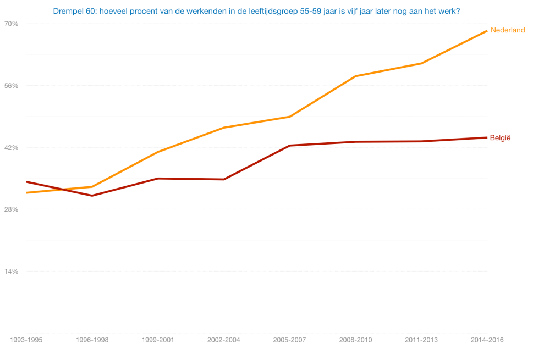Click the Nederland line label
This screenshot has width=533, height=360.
point(507,30)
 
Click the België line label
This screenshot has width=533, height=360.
point(500,137)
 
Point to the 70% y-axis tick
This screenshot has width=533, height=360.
point(11,24)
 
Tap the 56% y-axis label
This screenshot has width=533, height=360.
point(11,86)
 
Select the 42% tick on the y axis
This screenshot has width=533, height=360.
point(11,147)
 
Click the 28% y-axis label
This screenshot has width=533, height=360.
point(11,209)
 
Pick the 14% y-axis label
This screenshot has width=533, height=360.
point(11,271)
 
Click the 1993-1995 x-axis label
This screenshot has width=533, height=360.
point(26,340)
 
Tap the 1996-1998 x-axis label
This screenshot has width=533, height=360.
point(92,340)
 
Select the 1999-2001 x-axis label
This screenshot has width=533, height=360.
point(158,340)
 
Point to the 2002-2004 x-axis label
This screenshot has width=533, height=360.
point(224,340)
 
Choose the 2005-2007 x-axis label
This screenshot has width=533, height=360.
point(289,340)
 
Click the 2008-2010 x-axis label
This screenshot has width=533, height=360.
point(355,340)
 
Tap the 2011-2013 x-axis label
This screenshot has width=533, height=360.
point(421,340)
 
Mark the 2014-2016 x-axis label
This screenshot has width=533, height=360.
point(487,340)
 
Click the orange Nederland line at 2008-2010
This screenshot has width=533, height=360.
point(355,76)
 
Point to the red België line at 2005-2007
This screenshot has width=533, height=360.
point(289,146)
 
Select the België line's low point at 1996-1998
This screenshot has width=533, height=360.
point(92,196)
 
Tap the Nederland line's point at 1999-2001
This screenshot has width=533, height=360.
point(158,152)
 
